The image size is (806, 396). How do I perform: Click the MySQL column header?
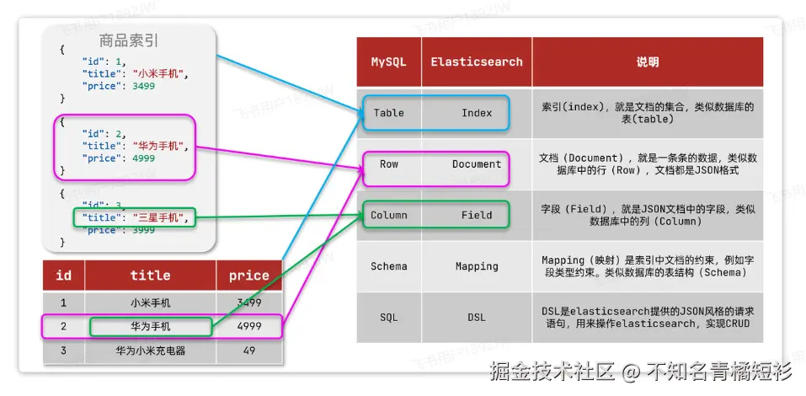point(388,62)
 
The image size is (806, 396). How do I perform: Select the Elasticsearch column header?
point(476,62)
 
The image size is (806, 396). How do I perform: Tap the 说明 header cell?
point(648,62)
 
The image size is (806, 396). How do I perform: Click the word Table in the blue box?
point(388,113)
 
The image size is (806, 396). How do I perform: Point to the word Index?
point(477,113)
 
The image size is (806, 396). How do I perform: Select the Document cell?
point(477,164)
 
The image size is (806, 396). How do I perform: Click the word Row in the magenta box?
point(388,164)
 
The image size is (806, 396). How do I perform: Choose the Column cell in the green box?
point(388,215)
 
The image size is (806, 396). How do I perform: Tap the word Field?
point(477,215)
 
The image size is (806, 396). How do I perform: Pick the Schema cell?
point(388,266)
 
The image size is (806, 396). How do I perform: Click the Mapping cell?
point(477,266)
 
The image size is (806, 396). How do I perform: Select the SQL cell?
point(388,317)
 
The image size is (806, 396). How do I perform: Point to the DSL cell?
point(477,317)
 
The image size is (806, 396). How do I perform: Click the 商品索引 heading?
point(129,40)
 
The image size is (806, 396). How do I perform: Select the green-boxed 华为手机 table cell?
point(151,326)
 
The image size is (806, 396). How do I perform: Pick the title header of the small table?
point(151,275)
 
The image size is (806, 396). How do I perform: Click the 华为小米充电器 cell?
point(151,351)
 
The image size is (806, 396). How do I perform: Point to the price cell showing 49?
point(248,351)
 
